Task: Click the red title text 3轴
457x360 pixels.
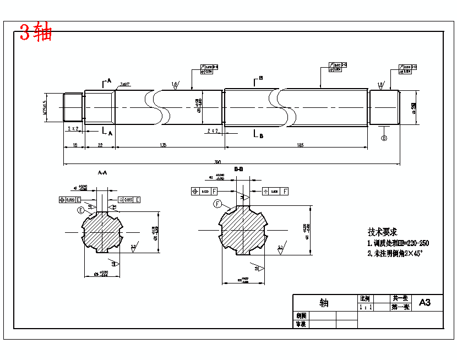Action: coord(36,33)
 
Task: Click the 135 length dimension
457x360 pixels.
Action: coord(163,145)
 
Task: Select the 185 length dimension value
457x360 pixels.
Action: coord(300,145)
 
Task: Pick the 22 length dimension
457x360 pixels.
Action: coord(100,145)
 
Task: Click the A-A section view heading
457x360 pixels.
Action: coord(102,173)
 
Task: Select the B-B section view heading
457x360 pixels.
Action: coord(238,169)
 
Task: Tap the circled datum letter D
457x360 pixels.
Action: coord(384,138)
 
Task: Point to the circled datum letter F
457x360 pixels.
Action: coord(217,204)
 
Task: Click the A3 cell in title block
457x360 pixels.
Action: coord(425,302)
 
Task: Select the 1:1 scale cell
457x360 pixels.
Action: coord(364,308)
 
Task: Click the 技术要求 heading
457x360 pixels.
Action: coord(382,232)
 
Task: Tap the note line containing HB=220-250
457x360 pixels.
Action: coord(398,243)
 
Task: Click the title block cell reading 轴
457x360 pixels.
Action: coord(324,303)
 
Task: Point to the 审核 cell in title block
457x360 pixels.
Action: coord(301,324)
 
